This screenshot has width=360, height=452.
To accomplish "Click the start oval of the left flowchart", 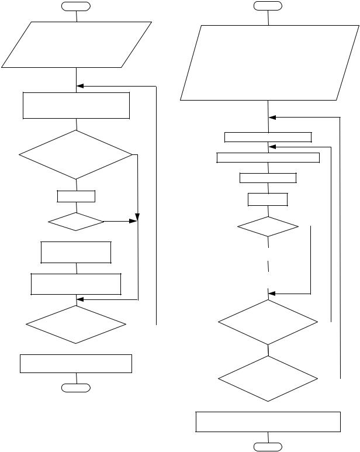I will click(77, 6).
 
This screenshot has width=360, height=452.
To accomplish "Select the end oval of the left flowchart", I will click(77, 387).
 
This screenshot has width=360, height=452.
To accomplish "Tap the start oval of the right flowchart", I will click(268, 6).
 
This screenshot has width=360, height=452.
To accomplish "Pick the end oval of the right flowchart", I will click(268, 447).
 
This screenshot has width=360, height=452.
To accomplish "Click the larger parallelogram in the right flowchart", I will click(268, 63).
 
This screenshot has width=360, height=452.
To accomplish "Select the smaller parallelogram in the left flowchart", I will click(77, 44).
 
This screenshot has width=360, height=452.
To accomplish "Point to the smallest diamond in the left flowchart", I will click(76, 222).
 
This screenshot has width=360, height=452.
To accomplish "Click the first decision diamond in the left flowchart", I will click(76, 155).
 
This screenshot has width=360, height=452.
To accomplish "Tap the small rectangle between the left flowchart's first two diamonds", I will click(76, 196).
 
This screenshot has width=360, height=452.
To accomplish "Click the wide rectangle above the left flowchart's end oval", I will click(76, 363).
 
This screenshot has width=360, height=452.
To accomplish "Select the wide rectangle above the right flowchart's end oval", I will click(268, 422).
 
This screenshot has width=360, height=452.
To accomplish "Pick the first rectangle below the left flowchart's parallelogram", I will click(76, 105).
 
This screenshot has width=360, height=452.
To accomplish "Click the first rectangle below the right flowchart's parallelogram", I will click(268, 137).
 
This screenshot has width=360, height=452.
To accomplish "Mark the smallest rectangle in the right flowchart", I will click(268, 199).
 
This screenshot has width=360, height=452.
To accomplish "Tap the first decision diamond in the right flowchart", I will click(268, 226).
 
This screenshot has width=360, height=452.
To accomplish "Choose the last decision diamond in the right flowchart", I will click(268, 379).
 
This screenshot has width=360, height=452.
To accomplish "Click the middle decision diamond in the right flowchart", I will click(268, 322).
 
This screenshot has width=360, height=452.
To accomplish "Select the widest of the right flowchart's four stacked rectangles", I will click(268, 157).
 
